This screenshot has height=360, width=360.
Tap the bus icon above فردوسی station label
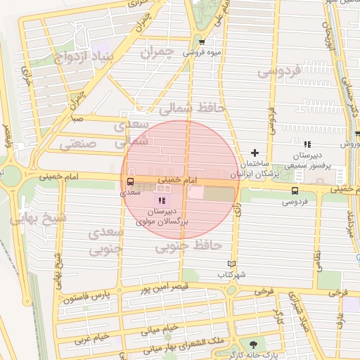[295, 191]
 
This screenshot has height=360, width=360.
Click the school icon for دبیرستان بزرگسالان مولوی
[162, 201]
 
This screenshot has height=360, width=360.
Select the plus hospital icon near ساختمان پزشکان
[255, 153]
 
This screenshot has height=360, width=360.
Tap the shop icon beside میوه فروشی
[202, 41]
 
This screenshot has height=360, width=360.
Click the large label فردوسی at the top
[278, 71]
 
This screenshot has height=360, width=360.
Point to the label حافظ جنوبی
[188, 245]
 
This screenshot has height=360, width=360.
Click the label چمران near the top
[156, 52]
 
